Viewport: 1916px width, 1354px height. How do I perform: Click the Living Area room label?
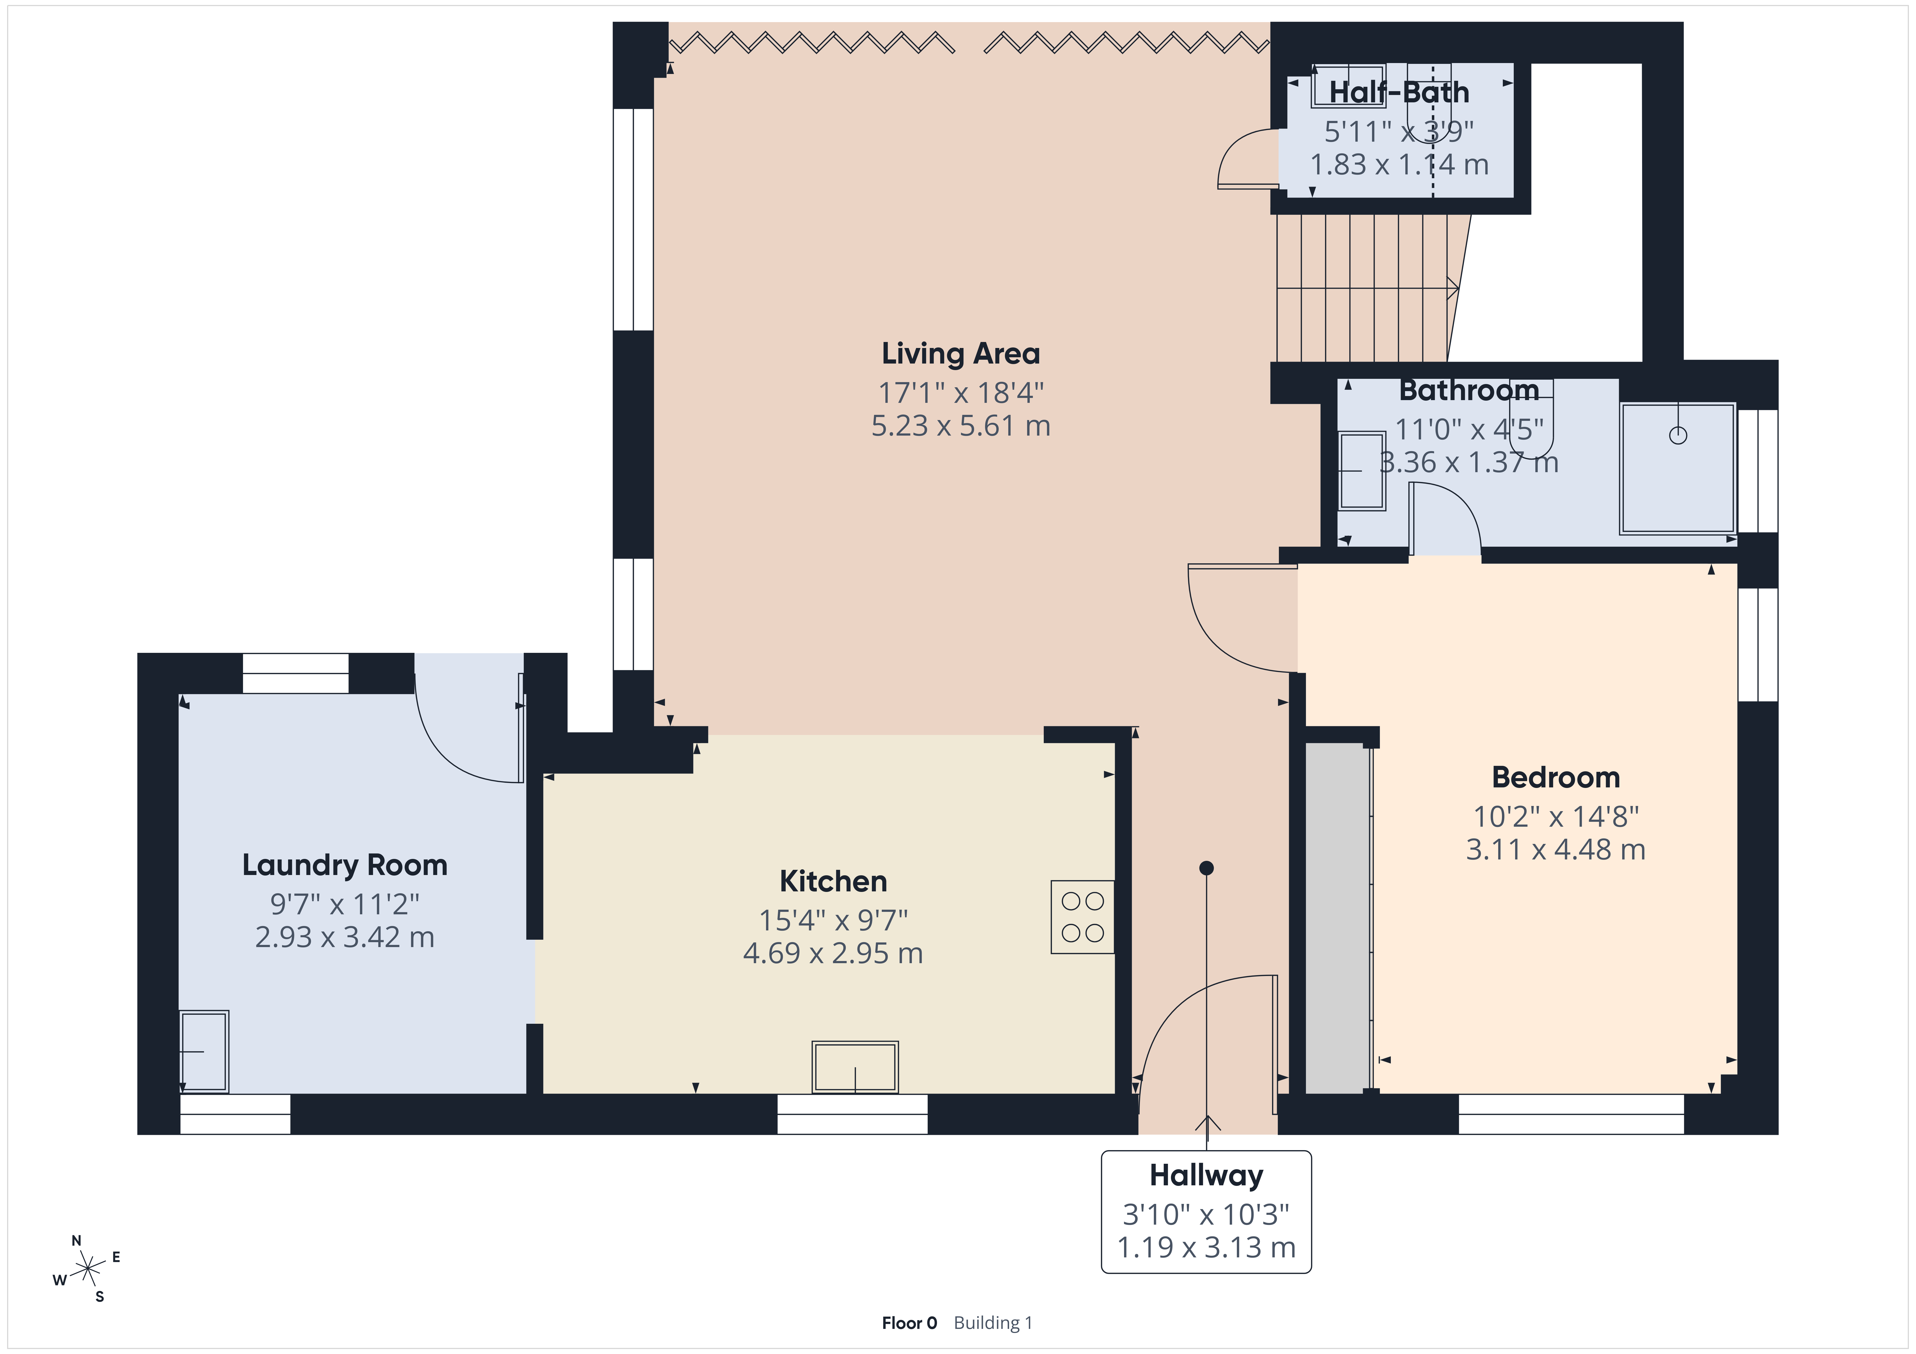[960, 354]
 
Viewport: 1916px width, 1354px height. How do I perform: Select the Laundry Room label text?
[345, 865]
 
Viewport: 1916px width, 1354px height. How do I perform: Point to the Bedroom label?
[1556, 778]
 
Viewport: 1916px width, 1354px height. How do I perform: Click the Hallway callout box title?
[1206, 1176]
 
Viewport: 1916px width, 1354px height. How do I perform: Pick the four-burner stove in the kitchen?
[1082, 917]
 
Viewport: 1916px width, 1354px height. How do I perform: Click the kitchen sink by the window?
[854, 1067]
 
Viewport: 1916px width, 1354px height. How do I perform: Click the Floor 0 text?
[909, 1323]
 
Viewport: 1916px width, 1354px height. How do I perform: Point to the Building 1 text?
[993, 1323]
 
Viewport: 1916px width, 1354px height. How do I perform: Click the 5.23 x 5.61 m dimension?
[960, 426]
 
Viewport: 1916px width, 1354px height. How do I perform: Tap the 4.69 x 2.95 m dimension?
[833, 953]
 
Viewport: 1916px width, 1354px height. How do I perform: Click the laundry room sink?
[204, 1051]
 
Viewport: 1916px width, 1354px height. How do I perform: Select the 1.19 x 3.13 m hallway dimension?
[1206, 1248]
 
